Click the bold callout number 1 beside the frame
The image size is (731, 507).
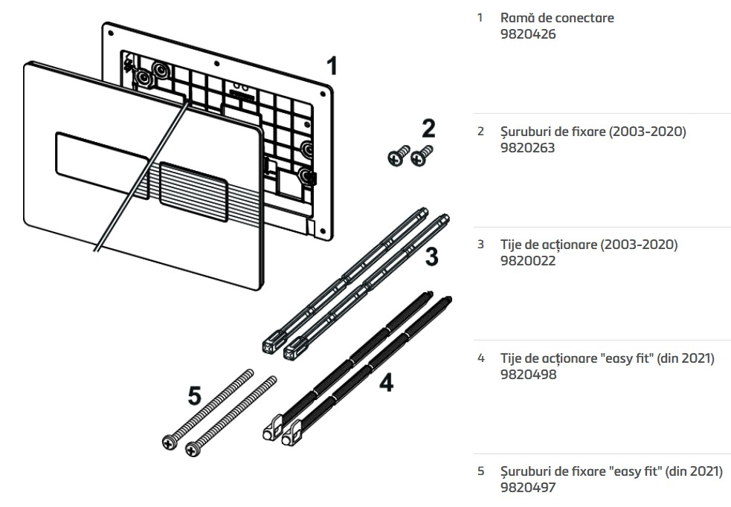tap(332, 66)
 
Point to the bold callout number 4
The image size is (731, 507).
tap(385, 382)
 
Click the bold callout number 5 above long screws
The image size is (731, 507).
tap(194, 396)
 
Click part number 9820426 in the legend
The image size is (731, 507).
tap(527, 34)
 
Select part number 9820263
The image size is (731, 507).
tap(527, 148)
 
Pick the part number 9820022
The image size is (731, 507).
tap(527, 261)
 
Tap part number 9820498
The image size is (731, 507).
tap(527, 375)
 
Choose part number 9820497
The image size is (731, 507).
tap(527, 488)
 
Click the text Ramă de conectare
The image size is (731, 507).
tap(557, 18)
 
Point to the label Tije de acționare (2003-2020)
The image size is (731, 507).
tap(589, 245)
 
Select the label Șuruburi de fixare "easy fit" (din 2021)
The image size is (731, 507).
tap(611, 471)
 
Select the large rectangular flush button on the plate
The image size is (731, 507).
tap(101, 156)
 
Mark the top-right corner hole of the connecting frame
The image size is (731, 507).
tap(325, 93)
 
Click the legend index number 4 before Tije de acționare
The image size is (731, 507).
tap(480, 358)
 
